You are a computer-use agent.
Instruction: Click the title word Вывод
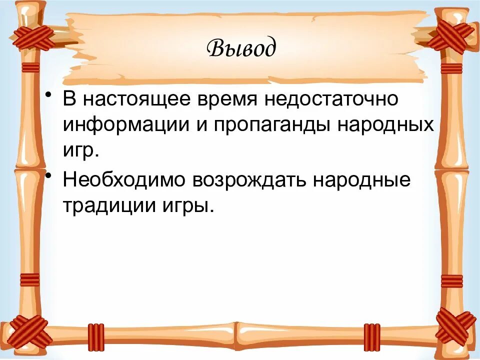coord(240,48)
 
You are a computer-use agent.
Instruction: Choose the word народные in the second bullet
coord(361,179)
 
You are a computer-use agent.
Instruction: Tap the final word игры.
coord(185,204)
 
